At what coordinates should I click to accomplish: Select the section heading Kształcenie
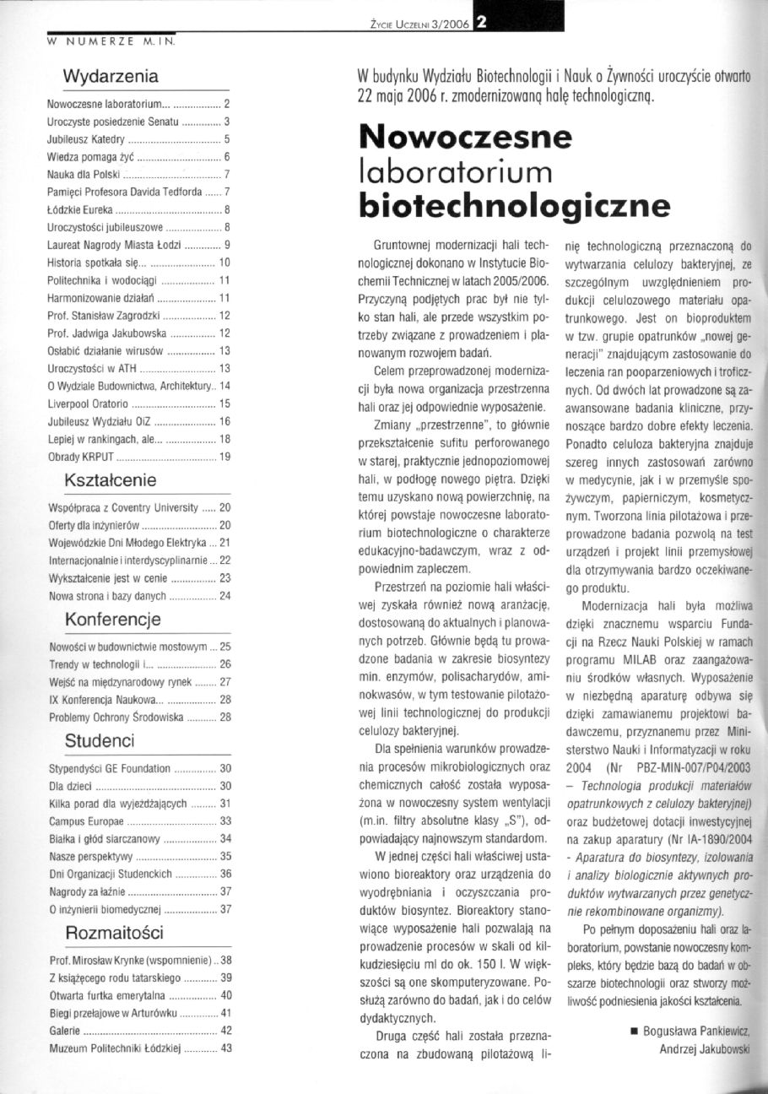click(111, 481)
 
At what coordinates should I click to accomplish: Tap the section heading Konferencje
click(113, 620)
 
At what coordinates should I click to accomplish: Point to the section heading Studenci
click(100, 742)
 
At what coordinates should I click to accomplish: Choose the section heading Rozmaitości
click(114, 933)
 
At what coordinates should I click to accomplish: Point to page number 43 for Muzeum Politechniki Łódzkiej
click(225, 1048)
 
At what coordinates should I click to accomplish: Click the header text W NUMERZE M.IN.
click(111, 39)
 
